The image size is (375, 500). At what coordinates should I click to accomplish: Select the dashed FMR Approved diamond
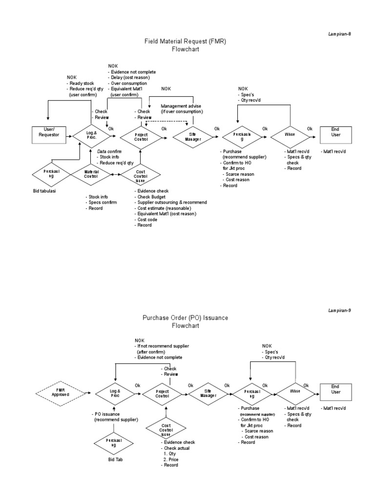61,393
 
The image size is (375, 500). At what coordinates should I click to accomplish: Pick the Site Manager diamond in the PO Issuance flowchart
207,393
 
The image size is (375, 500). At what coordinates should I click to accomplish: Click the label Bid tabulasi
44,191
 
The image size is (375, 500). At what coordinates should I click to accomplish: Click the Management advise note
181,106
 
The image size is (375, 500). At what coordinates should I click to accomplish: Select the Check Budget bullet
153,196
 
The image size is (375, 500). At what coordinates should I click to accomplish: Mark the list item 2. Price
172,459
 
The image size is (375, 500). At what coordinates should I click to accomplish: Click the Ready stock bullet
82,83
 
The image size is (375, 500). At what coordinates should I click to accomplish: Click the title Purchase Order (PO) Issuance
185,317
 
